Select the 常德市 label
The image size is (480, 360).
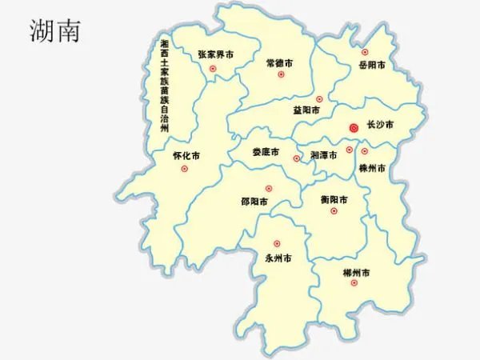pos(280,62)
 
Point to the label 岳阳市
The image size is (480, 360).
pos(372,65)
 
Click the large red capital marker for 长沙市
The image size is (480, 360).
pos(354,127)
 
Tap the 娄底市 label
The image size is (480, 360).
pos(265,152)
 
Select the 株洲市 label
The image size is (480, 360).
pos(373,169)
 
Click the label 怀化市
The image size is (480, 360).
pos(186,156)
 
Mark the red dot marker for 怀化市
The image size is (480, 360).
pos(185,169)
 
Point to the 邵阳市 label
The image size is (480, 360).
pos(255,202)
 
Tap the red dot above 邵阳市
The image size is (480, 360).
pos(269,189)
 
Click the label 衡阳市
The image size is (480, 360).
pos(334,199)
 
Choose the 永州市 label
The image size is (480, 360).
pos(278,258)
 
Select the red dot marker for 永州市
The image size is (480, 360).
pos(277,243)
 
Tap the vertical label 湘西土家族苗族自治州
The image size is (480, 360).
pos(165,85)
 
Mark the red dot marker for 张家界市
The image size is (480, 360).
pos(213,69)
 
